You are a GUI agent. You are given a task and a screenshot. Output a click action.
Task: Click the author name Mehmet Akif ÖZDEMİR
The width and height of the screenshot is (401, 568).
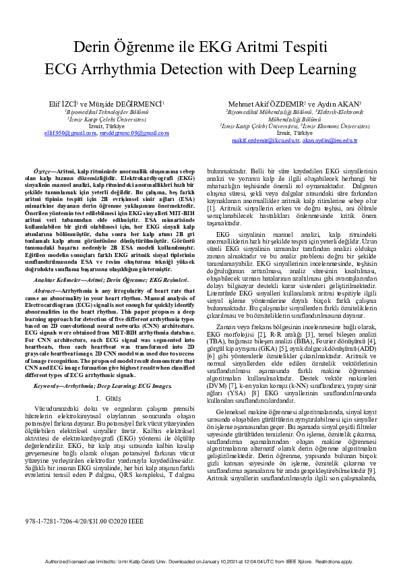coord(260,104)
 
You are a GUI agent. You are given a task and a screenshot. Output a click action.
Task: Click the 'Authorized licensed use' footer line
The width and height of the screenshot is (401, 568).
coord(200,561)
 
